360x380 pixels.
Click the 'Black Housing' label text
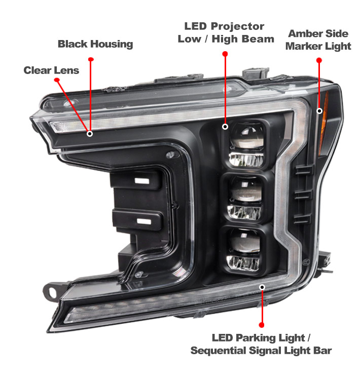pyautogui.click(x=95, y=44)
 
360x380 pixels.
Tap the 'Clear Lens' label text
pyautogui.click(x=51, y=70)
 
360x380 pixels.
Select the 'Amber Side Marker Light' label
pyautogui.click(x=318, y=40)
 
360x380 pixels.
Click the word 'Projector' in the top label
pyautogui.click(x=237, y=26)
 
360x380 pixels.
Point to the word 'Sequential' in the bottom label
pyautogui.click(x=218, y=351)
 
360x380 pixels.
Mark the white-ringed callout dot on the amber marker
pyautogui.click(x=319, y=111)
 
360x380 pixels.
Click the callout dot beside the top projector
pyautogui.click(x=225, y=127)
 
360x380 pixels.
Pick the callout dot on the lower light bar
pyautogui.click(x=262, y=287)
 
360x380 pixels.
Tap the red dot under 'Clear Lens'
pyautogui.click(x=57, y=80)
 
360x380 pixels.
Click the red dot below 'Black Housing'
pyautogui.click(x=91, y=59)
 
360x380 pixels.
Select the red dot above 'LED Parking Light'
pyautogui.click(x=262, y=325)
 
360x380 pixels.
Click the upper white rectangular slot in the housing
pyautogui.click(x=142, y=181)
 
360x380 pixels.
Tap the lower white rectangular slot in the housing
pyautogui.click(x=144, y=221)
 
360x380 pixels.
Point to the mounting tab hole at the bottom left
pyautogui.click(x=52, y=292)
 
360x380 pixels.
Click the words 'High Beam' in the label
pyautogui.click(x=243, y=39)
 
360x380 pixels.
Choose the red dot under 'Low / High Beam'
pyautogui.click(x=225, y=54)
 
